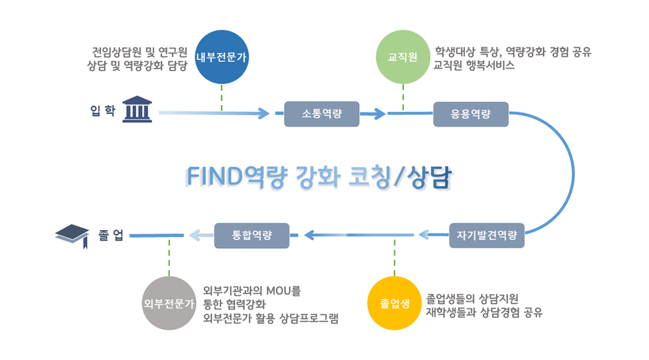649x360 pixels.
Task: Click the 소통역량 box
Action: tap(321, 114)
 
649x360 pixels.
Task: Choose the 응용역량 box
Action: tap(470, 114)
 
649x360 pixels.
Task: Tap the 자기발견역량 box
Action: tap(486, 235)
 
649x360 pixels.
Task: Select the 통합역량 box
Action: tap(252, 235)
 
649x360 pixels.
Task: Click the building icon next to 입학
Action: tap(137, 110)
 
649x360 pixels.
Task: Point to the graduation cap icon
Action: tap(72, 235)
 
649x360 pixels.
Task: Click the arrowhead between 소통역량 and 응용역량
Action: tap(379, 114)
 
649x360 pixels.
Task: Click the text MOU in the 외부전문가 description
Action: tap(278, 291)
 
